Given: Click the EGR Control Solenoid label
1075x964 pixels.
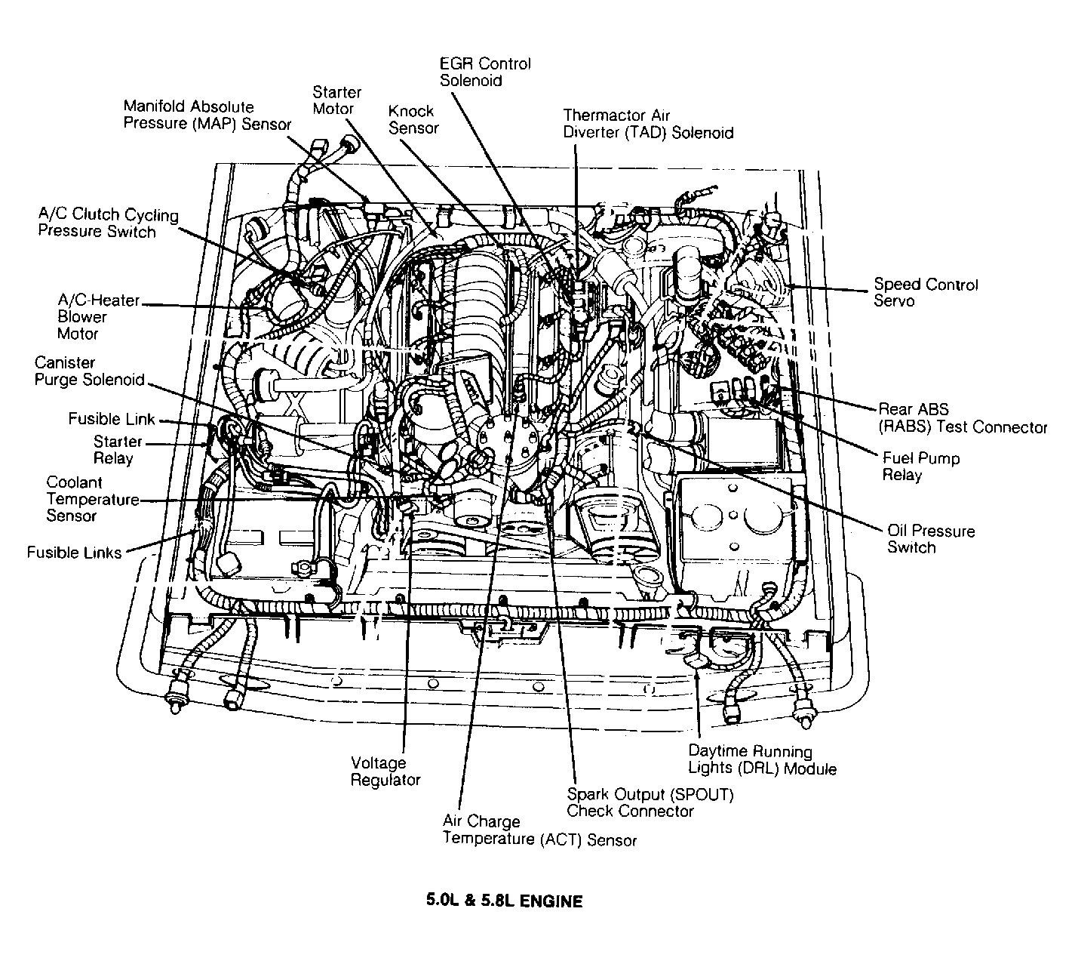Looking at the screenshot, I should (485, 72).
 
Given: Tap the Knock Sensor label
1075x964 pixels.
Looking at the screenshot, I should (413, 119).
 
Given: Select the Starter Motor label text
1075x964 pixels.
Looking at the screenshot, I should (336, 100).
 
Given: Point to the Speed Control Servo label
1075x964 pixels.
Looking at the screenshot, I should (925, 292).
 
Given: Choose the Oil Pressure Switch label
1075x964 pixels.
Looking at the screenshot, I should (930, 539).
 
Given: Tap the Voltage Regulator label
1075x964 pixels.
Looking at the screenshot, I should (385, 771).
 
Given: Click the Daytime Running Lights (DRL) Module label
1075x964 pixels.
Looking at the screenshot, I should (761, 759).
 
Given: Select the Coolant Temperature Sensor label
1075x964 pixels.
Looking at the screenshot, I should (92, 499).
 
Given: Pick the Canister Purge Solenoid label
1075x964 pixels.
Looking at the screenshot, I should (88, 371).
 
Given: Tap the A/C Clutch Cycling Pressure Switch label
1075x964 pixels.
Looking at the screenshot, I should (108, 223).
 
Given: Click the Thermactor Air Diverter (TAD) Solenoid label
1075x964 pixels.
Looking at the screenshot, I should (647, 124).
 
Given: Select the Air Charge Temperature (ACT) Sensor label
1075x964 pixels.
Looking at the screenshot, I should (539, 830).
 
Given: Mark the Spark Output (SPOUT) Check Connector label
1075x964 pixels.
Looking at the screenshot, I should (649, 802).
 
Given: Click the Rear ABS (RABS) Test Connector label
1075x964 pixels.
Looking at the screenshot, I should (962, 418).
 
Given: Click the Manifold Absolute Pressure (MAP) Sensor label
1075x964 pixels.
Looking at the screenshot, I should (207, 115).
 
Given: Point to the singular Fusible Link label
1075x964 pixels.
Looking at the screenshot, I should (111, 419).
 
